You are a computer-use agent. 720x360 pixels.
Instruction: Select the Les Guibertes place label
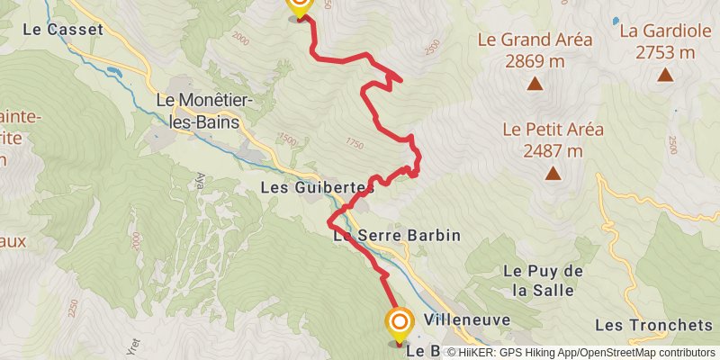point(317,188)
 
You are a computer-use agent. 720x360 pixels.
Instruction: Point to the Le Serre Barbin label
point(397,236)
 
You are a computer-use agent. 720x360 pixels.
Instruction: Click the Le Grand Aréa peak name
point(535,40)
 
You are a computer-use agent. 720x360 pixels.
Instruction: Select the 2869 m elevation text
point(535,61)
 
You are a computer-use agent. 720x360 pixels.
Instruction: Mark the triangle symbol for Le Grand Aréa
point(535,85)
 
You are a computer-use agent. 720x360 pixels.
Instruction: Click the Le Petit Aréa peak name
point(553,129)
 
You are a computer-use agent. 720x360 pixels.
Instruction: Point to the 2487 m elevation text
point(553,150)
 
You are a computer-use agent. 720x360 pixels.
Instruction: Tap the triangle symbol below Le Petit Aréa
point(553,174)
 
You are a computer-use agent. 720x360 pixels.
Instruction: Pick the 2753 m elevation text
point(665,52)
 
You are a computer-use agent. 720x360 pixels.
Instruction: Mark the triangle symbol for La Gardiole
point(665,76)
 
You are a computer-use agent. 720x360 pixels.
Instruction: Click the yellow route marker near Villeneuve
point(400,322)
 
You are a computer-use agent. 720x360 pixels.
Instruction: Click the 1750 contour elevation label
point(352,144)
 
